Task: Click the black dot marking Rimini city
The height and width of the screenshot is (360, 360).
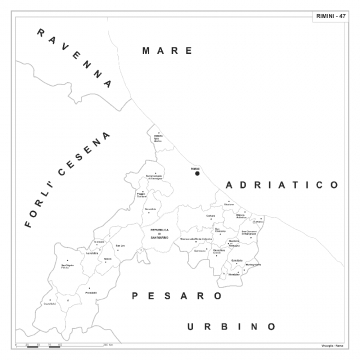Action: click(197, 173)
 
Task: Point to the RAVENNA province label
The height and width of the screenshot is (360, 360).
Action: click(72, 63)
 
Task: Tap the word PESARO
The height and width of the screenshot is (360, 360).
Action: click(176, 297)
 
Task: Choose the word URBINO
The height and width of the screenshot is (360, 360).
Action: click(230, 327)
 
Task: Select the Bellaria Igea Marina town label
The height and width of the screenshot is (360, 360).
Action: click(158, 137)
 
